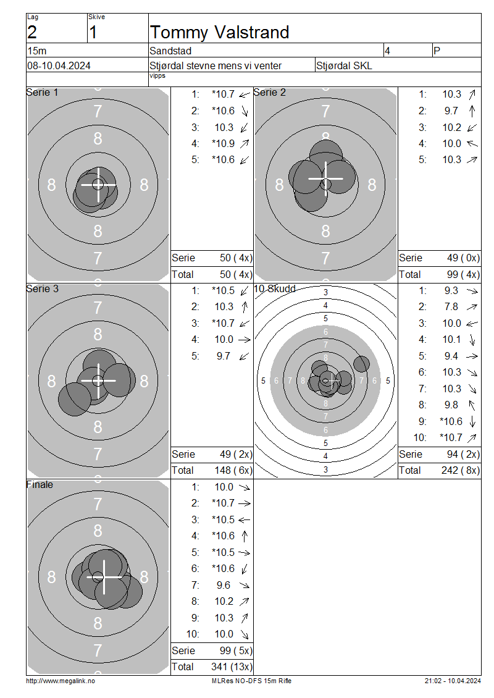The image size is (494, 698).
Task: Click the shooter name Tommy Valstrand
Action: click(x=219, y=33)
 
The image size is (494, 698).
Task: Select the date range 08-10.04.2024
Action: click(x=59, y=66)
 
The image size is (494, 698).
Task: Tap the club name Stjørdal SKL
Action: click(x=344, y=66)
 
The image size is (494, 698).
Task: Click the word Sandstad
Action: click(x=170, y=51)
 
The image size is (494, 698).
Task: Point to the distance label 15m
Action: click(x=37, y=51)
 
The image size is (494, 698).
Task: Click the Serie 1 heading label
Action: click(x=42, y=92)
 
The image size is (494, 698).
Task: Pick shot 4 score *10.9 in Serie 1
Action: click(x=224, y=143)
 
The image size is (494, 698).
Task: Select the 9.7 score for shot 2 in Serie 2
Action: click(x=451, y=111)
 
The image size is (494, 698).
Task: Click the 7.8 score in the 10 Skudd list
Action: click(x=451, y=307)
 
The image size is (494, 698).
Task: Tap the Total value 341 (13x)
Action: click(x=232, y=667)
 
